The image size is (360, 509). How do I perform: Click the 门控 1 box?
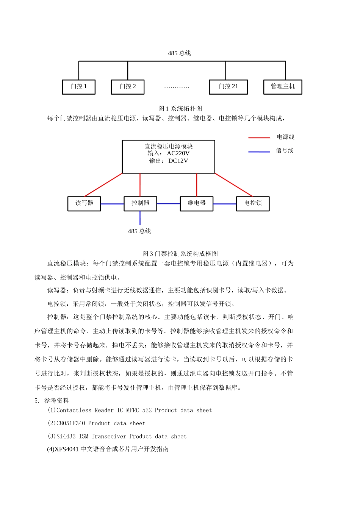pyautogui.click(x=79, y=87)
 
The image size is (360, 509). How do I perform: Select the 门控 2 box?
pyautogui.click(x=128, y=87)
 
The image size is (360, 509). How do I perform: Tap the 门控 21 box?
pyautogui.click(x=229, y=87)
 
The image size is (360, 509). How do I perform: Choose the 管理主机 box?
pyautogui.click(x=283, y=87)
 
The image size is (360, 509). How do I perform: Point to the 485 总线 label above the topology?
pyautogui.click(x=179, y=53)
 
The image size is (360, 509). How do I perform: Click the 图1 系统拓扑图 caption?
pyautogui.click(x=180, y=109)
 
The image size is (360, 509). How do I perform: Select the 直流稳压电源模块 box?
pyautogui.click(x=169, y=156)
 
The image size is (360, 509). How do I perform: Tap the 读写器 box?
pyautogui.click(x=84, y=203)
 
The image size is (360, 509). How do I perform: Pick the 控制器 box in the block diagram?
pyautogui.click(x=140, y=203)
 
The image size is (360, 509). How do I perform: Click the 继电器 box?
pyautogui.click(x=197, y=203)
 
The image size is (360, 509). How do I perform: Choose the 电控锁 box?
pyautogui.click(x=253, y=203)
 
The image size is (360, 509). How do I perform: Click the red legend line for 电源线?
pyautogui.click(x=259, y=138)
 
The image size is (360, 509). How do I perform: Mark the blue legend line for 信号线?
pyautogui.click(x=259, y=151)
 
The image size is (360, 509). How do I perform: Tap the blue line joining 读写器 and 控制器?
pyautogui.click(x=112, y=204)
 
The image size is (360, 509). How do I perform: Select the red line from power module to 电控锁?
pyautogui.click(x=234, y=185)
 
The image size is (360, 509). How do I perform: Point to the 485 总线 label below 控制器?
pyautogui.click(x=139, y=231)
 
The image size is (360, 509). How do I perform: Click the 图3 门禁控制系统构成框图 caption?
pyautogui.click(x=180, y=254)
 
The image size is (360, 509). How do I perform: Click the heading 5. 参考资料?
pyautogui.click(x=52, y=401)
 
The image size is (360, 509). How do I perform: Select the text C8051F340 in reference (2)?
pyautogui.click(x=70, y=423)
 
